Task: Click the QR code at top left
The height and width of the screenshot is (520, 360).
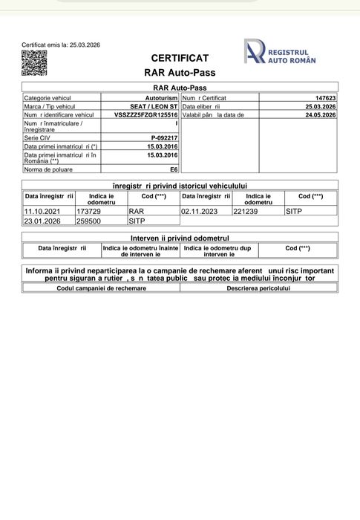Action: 34,64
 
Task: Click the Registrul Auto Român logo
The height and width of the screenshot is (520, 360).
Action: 281,51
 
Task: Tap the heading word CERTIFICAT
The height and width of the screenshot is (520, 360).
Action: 180,58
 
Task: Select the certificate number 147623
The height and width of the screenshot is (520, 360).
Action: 325,98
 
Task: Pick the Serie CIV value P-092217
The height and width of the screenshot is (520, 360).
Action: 164,138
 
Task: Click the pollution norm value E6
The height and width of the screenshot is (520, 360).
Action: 174,169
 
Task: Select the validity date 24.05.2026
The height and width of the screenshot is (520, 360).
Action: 321,115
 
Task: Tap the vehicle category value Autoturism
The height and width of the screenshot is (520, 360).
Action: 161,98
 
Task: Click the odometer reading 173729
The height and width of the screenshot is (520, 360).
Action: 89,211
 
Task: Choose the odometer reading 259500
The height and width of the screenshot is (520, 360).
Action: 89,221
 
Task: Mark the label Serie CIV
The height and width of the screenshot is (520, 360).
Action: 39,138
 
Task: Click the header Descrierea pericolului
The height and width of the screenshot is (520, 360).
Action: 258,287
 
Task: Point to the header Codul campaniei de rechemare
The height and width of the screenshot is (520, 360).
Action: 102,287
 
